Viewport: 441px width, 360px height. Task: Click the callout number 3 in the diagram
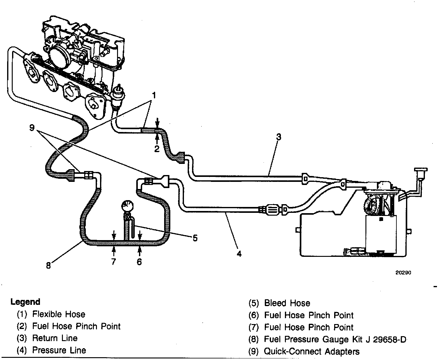pyautogui.click(x=278, y=137)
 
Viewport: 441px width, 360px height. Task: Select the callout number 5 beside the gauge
pyautogui.click(x=195, y=238)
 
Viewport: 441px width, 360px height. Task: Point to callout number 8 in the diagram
pyautogui.click(x=48, y=266)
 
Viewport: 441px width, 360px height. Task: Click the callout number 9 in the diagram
pyautogui.click(x=32, y=127)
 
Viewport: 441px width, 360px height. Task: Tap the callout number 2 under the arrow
pyautogui.click(x=157, y=149)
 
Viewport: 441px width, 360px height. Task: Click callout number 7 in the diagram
pyautogui.click(x=113, y=262)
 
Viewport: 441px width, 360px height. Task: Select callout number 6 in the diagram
pyautogui.click(x=139, y=262)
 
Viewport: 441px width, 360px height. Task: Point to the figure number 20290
pyautogui.click(x=403, y=273)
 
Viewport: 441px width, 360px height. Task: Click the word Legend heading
pyautogui.click(x=25, y=302)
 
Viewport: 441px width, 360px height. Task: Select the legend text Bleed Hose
pyautogui.click(x=287, y=303)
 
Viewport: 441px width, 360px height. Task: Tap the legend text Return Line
pyautogui.click(x=55, y=338)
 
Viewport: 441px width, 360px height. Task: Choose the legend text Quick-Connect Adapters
pyautogui.click(x=312, y=352)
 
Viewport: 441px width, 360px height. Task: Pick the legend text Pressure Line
pyautogui.click(x=59, y=350)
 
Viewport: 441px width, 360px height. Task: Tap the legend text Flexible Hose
pyautogui.click(x=59, y=314)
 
